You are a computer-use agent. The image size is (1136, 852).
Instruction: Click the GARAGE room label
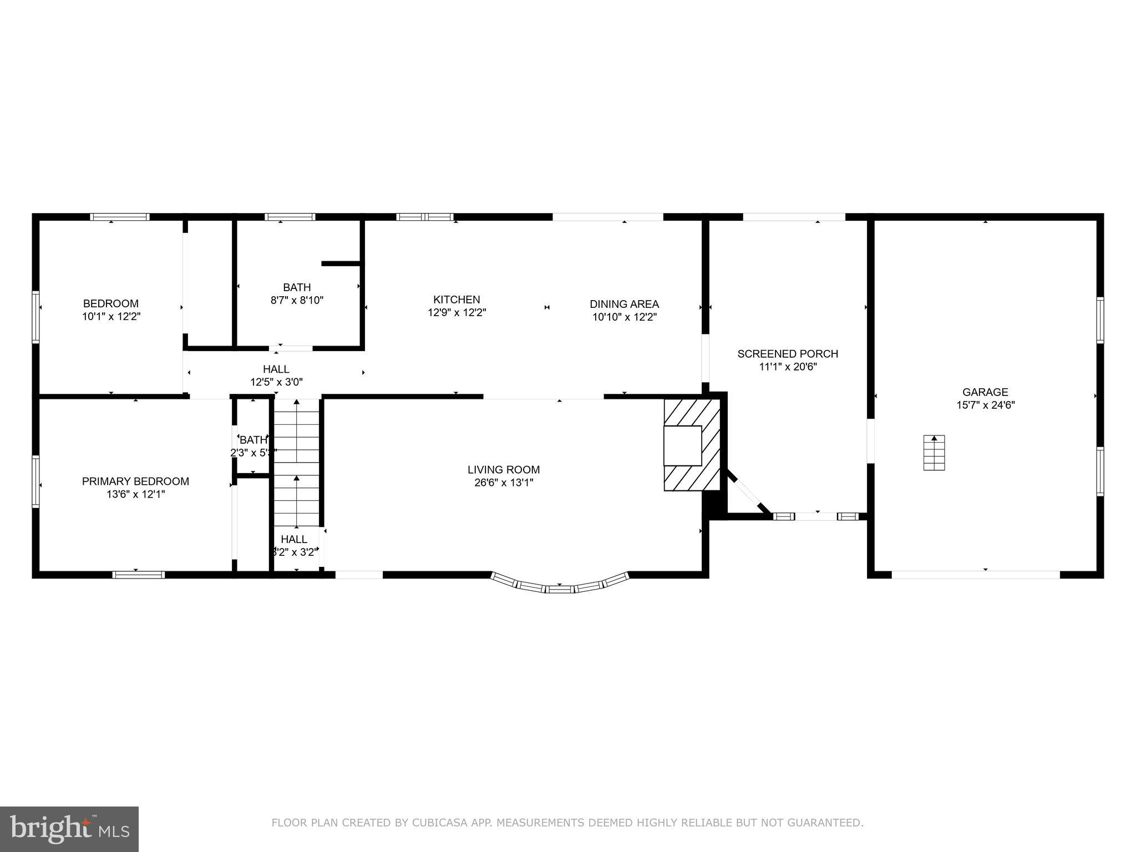(x=985, y=392)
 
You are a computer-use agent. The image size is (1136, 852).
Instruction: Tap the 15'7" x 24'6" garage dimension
(x=985, y=405)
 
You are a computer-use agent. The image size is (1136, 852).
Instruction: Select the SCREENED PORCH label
(x=787, y=354)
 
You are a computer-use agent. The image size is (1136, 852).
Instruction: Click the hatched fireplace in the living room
(x=691, y=445)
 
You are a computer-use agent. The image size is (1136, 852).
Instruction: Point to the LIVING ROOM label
(x=503, y=470)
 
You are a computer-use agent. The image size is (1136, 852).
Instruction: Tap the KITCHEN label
(x=457, y=300)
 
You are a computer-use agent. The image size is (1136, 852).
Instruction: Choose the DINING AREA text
(x=624, y=304)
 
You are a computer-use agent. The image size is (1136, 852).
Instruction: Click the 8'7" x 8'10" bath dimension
(x=297, y=301)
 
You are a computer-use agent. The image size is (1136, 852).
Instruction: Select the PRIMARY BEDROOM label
(x=135, y=481)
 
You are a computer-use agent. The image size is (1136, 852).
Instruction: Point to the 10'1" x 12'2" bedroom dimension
(x=111, y=317)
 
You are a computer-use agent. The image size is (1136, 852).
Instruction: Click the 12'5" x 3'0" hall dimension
(x=276, y=382)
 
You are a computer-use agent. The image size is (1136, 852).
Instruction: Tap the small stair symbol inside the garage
(x=934, y=453)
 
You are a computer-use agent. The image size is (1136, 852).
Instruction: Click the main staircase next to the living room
(x=297, y=463)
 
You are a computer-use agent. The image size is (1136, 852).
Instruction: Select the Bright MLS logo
(x=69, y=829)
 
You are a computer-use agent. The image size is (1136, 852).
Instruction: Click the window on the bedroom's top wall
(x=120, y=217)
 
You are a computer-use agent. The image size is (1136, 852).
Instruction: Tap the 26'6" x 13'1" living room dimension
(x=503, y=483)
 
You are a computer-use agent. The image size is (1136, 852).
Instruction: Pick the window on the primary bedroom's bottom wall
(x=138, y=575)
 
